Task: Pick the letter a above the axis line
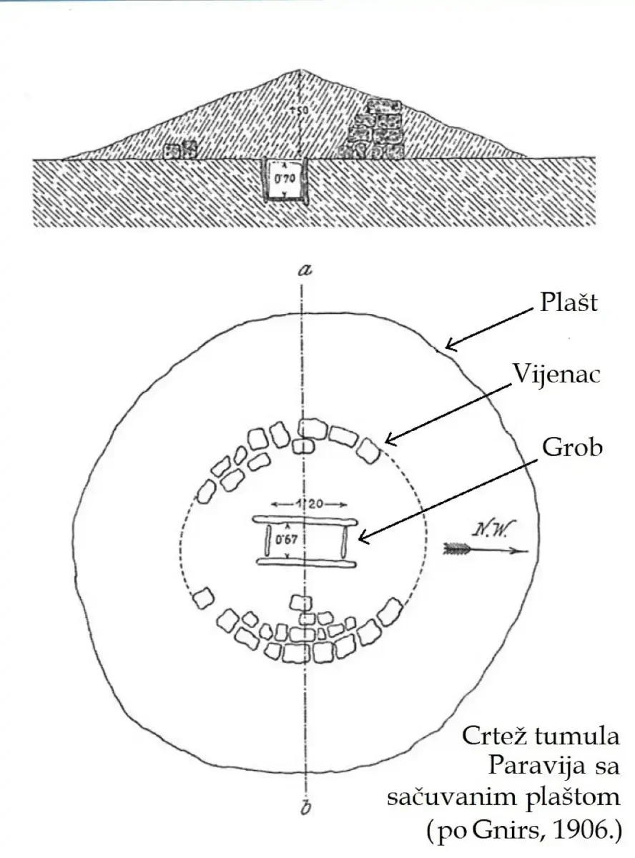point(306,270)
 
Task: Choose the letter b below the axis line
point(305,807)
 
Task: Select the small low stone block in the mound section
point(179,150)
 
